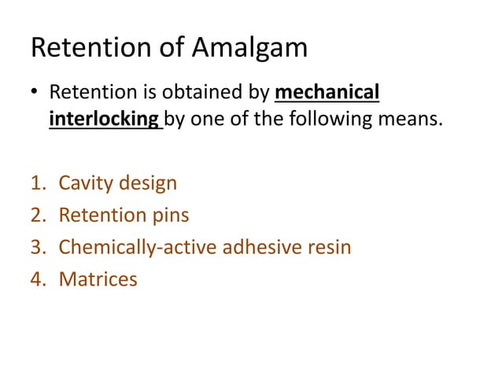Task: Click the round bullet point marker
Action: [x=35, y=96]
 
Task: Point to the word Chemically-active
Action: [x=139, y=247]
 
